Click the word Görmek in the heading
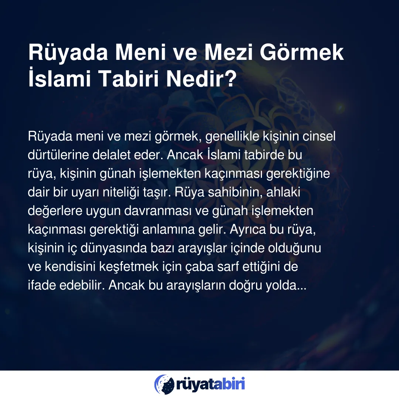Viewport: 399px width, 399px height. pos(301,52)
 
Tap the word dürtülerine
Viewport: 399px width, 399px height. pos(58,155)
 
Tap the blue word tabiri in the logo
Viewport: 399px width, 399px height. pos(229,384)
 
